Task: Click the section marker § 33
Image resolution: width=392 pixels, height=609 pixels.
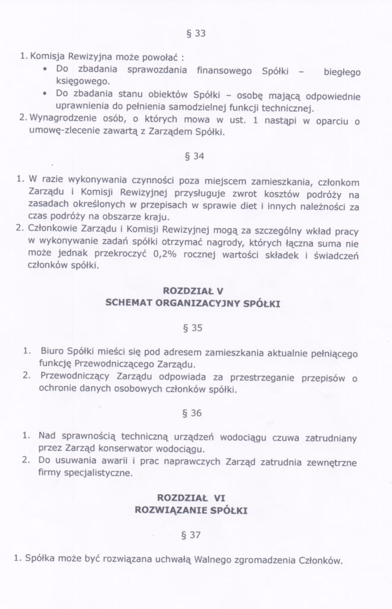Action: pos(196,34)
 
